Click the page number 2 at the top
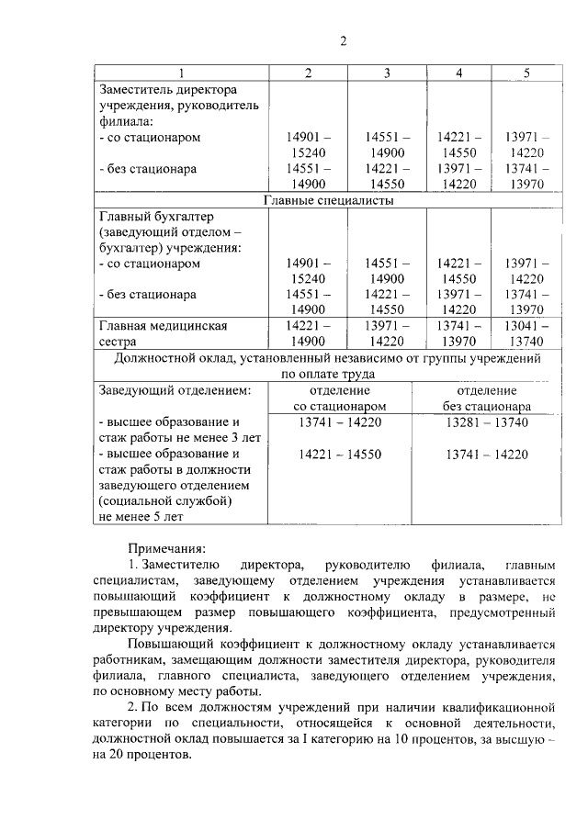tap(343, 41)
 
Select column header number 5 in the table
tap(526, 73)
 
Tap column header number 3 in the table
tap(387, 73)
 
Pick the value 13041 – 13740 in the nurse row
tap(526, 333)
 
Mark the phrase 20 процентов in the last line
tap(148, 756)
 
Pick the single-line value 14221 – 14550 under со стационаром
tap(339, 454)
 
